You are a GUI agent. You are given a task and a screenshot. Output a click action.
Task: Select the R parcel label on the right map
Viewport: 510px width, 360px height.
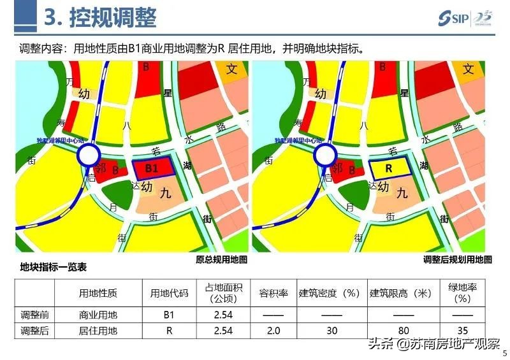[x=389, y=168]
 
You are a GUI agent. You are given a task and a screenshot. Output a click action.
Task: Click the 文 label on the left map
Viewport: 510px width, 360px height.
[x=231, y=69]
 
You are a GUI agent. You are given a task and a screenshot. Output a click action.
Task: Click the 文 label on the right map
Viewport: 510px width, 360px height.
[x=469, y=69]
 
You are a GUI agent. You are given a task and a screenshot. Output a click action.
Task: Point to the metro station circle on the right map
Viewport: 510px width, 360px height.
[x=325, y=155]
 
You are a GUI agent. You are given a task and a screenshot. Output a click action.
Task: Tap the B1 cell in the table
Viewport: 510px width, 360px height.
[x=169, y=314]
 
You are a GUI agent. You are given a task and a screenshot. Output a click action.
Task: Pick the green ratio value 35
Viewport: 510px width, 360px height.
[x=463, y=330]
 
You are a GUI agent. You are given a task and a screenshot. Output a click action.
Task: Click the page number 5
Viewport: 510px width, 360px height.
[x=505, y=353]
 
